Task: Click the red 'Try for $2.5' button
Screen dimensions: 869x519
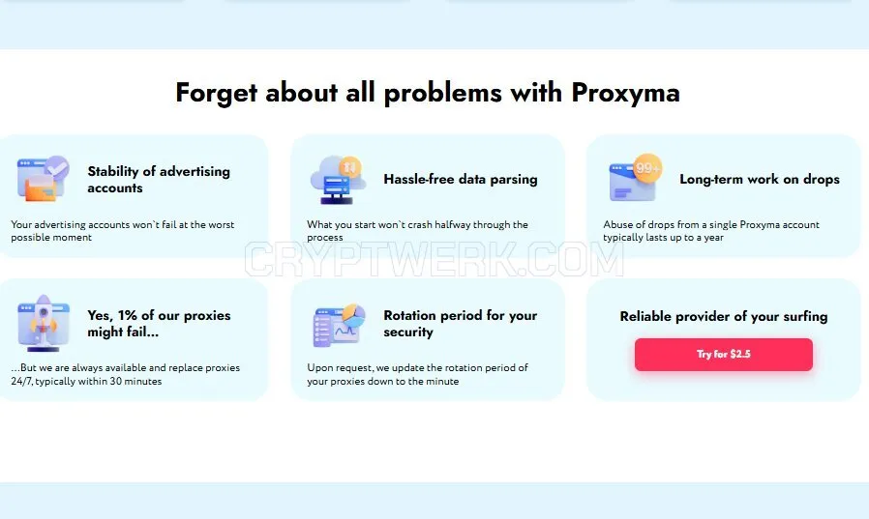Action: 723,354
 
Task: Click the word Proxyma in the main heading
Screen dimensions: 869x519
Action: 625,93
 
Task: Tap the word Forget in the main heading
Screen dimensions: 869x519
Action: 216,93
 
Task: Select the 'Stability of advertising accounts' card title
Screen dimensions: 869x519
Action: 159,179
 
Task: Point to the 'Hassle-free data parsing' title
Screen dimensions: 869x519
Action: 461,179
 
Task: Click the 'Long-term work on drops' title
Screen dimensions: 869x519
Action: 760,179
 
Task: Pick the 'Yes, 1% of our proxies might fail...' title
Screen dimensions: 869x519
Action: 159,323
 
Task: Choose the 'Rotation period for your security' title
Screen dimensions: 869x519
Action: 460,323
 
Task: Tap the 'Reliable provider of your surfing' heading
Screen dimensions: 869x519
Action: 723,316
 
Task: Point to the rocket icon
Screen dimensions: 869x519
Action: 44,323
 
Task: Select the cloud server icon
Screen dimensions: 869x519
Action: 338,179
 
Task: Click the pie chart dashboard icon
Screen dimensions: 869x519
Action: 339,326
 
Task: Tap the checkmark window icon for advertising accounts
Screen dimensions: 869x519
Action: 44,178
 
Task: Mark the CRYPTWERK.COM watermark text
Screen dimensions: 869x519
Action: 434,258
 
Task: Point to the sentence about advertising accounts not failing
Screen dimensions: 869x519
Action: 123,231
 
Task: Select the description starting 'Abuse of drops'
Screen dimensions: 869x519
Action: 711,231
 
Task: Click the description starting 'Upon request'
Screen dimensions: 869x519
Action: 417,375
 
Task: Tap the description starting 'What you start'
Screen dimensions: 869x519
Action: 417,231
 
